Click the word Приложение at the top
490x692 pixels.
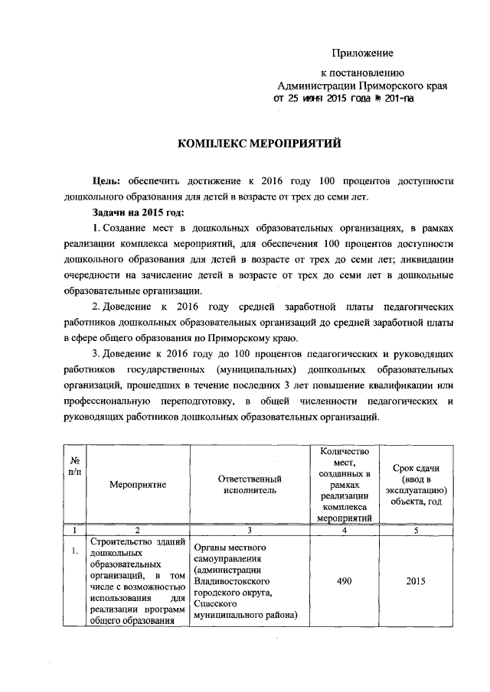(362, 53)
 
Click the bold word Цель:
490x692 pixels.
(105, 180)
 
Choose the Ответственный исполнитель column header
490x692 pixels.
(247, 484)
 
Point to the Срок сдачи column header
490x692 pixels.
(415, 484)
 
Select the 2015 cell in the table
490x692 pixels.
(415, 581)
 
